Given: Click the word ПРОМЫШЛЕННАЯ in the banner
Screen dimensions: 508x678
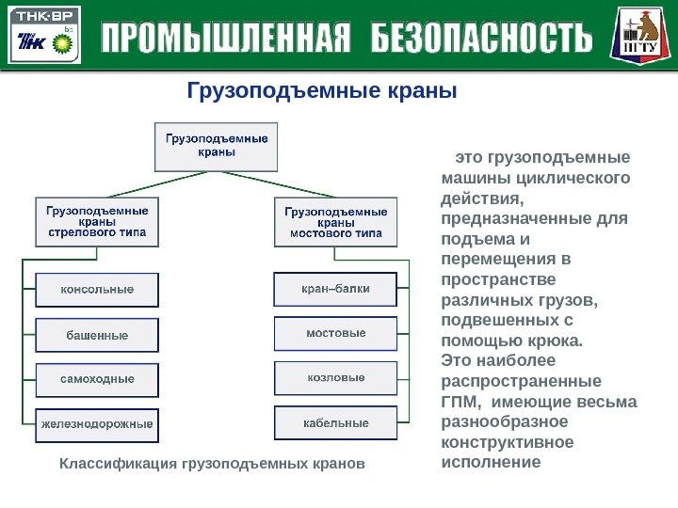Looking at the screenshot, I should coord(225,40).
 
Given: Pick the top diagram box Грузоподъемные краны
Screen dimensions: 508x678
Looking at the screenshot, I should coord(217,145).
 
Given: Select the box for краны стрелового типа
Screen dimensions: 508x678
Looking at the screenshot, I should coord(98,222).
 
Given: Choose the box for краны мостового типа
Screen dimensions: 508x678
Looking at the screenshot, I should coord(335,222).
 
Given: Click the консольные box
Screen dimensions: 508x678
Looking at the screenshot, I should coord(98,290).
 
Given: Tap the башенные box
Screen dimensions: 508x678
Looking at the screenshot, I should coord(98,335).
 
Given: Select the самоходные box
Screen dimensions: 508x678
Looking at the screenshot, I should coord(98,379).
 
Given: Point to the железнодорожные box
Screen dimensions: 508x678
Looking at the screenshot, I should coord(98,424).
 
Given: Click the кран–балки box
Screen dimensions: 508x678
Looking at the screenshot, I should coord(335,289).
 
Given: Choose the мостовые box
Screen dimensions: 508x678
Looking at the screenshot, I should coord(335,333).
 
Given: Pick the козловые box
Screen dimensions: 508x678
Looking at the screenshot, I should coord(335,378).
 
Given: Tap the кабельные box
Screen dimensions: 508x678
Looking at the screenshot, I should coord(335,423).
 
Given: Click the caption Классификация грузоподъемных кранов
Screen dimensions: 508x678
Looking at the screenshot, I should coord(211,465).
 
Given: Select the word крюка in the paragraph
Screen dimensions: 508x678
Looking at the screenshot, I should coord(557,341).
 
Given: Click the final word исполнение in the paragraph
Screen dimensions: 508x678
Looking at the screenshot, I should coord(491,463).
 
